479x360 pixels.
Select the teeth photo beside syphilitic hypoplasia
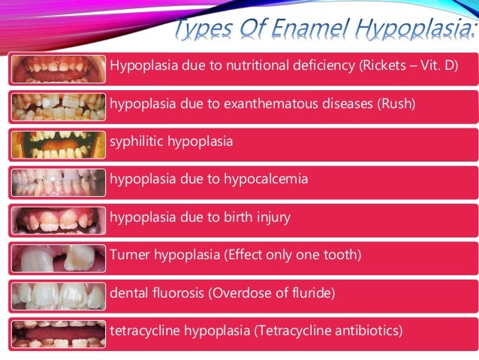coord(59,144)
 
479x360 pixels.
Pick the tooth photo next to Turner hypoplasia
coord(59,258)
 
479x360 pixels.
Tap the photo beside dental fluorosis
coord(59,295)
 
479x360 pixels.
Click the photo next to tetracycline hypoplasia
coord(59,333)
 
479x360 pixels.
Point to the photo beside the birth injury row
coord(59,219)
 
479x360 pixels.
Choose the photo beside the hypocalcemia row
coord(59,182)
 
